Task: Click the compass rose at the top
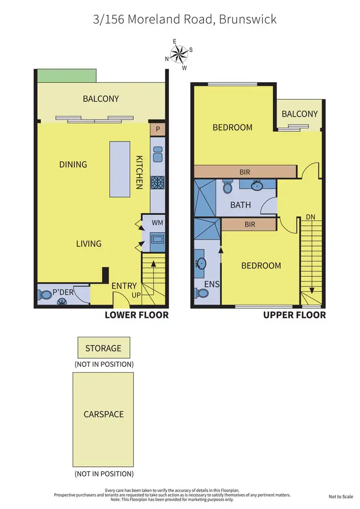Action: coord(180,54)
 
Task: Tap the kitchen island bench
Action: coord(120,169)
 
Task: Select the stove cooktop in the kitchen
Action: coord(157,182)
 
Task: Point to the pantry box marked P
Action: coord(157,130)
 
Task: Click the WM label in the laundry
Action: coord(157,223)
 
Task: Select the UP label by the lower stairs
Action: coord(136,295)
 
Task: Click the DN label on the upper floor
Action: coord(311,217)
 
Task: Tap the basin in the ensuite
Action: coord(202,263)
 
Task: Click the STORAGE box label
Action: coord(104,348)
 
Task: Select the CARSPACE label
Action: coord(104,414)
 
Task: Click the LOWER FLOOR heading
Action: coord(137,315)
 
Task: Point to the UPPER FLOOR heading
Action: coord(294,315)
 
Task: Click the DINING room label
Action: coord(73,164)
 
